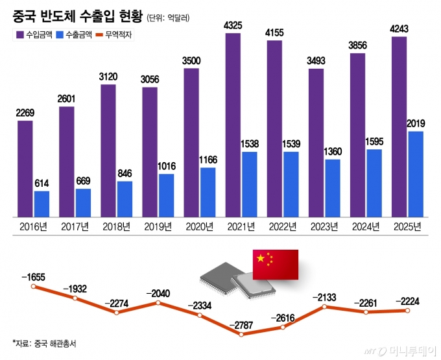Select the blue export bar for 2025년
click(x=416, y=174)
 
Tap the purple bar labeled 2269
click(x=25, y=168)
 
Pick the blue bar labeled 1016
click(x=167, y=195)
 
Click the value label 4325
click(x=233, y=25)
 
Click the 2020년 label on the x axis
click(x=200, y=226)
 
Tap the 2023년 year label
click(x=324, y=226)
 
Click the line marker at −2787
click(x=241, y=335)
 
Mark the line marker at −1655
click(x=34, y=285)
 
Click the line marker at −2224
click(x=407, y=311)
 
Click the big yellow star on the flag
click(x=261, y=259)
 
